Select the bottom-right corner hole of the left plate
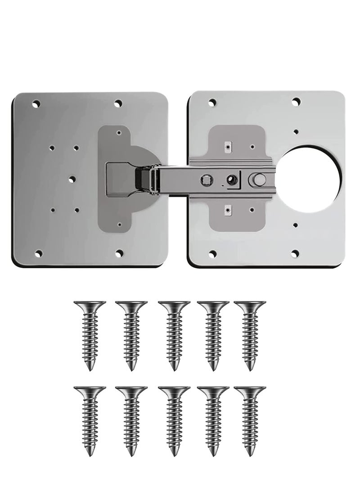click(x=119, y=254)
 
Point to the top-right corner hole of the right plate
click(x=295, y=103)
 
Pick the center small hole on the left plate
click(x=72, y=179)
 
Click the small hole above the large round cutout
click(x=296, y=132)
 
